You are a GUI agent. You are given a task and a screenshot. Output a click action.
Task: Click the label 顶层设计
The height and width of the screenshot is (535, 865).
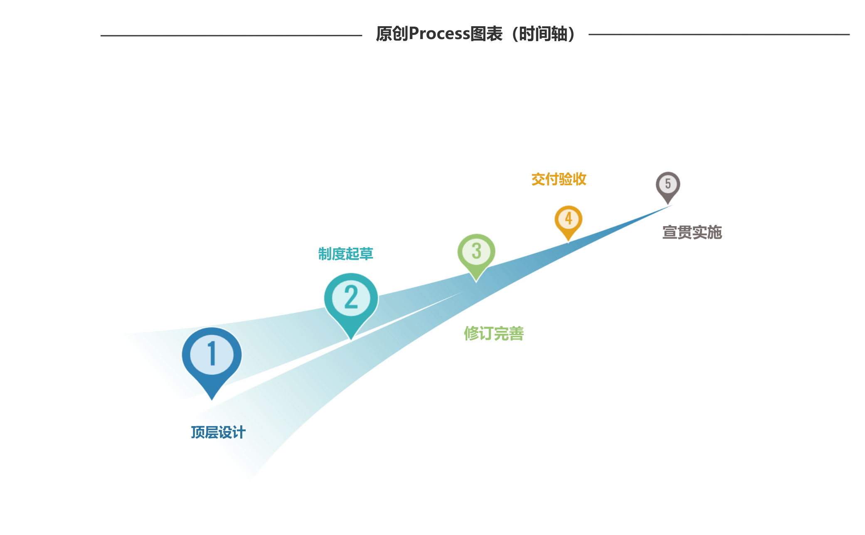pos(218,432)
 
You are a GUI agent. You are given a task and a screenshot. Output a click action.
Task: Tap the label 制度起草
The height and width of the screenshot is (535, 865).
pos(345,254)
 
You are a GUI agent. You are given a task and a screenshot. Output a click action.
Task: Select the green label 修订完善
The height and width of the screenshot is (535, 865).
pos(494,333)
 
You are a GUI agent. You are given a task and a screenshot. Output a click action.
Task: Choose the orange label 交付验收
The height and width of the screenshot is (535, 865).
pos(559,179)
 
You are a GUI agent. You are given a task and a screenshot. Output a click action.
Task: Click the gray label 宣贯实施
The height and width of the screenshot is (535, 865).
pos(692,232)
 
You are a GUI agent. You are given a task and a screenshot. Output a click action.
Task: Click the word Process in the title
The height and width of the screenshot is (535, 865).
pos(439,34)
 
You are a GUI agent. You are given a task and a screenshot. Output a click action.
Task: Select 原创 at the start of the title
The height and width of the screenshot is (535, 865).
pos(392,34)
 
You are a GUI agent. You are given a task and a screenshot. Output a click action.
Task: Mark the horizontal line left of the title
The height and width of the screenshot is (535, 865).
pos(231,35)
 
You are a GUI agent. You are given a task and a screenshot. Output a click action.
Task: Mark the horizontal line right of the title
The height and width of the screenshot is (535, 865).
pos(719,35)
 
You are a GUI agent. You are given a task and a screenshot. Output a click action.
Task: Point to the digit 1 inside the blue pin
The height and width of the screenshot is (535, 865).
pos(212,354)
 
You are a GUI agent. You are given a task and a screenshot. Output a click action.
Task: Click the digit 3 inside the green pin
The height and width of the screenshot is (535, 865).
pos(476,251)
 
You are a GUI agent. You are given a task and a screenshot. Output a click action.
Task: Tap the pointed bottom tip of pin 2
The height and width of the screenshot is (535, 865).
pos(351,340)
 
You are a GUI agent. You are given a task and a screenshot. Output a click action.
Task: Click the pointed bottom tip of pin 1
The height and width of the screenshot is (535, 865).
pos(212,401)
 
